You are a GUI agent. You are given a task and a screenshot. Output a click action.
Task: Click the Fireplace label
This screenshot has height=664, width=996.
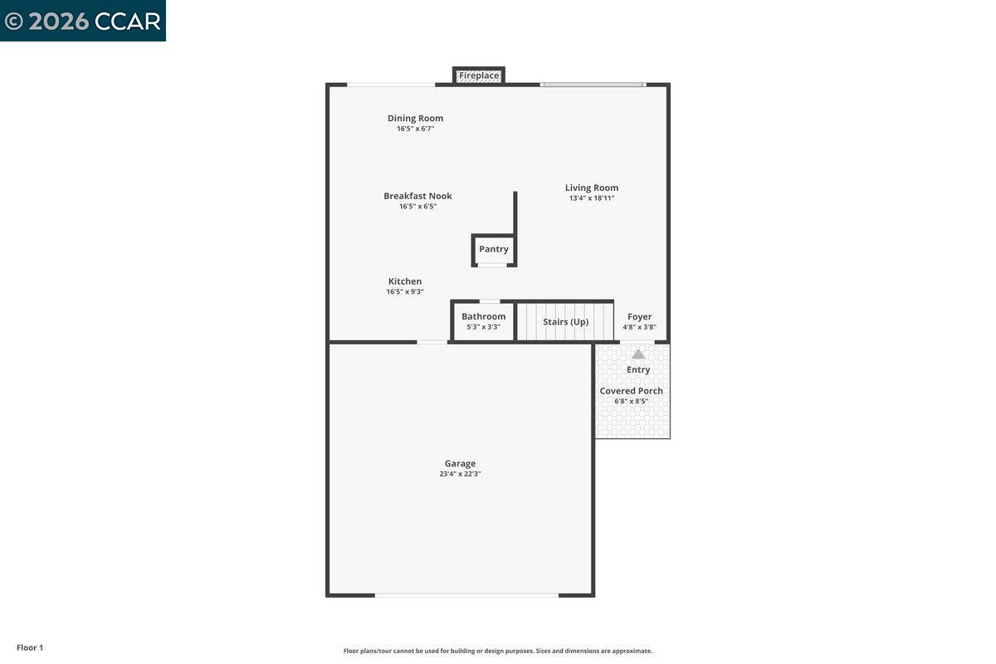pos(479,76)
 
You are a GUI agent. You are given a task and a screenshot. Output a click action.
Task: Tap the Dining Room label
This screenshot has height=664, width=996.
pos(415,119)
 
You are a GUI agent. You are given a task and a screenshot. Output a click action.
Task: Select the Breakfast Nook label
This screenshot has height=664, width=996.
pos(417,197)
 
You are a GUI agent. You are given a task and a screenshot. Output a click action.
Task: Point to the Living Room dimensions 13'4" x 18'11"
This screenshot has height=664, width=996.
pos(591,198)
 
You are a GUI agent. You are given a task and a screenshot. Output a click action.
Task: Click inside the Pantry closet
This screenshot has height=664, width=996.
pos(494,249)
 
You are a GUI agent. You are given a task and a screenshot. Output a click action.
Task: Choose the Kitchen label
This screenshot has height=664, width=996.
pos(405,281)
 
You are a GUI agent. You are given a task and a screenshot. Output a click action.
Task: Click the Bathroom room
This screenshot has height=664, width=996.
pos(483,321)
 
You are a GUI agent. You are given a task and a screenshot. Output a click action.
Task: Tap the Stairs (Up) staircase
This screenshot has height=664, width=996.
pos(565,321)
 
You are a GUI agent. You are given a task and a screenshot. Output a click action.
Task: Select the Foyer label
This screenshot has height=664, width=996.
pos(639,317)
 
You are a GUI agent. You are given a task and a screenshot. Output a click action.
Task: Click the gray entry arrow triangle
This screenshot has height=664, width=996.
pos(638,354)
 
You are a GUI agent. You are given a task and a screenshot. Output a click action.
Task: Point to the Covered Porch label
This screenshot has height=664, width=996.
pos(632,391)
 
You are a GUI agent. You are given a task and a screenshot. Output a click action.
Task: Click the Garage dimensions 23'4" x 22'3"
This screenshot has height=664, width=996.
pos(460,474)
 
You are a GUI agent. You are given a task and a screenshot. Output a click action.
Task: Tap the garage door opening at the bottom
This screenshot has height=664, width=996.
pos(466,595)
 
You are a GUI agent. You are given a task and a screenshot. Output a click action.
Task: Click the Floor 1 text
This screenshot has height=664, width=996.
pos(30,647)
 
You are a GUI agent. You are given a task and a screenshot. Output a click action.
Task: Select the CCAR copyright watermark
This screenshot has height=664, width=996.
pos(83,21)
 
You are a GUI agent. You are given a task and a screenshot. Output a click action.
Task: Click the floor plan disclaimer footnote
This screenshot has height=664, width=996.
pos(498,651)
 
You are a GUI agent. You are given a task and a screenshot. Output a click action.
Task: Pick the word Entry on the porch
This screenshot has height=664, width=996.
pos(638,370)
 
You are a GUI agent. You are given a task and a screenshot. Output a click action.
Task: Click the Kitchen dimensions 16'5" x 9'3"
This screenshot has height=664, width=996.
pos(405,292)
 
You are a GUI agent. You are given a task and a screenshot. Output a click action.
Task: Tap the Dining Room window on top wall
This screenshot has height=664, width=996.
pos(390,85)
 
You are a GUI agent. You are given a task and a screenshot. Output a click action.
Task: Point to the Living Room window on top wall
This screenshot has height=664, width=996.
pos(593,85)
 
